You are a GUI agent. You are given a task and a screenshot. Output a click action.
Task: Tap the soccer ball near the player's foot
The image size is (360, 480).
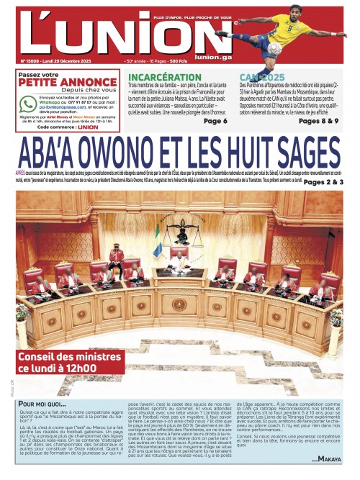tap(274, 48)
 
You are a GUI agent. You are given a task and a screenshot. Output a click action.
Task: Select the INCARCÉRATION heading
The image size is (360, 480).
tap(174, 77)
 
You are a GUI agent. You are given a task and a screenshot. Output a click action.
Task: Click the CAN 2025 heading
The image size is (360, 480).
tap(263, 76)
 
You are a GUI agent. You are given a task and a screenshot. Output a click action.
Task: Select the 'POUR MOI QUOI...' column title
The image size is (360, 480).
tap(45, 404)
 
